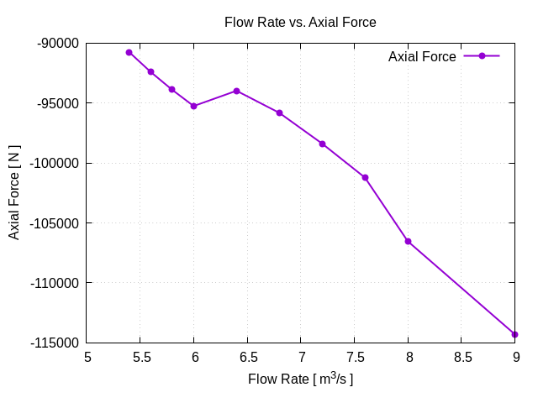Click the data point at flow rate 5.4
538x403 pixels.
(x=129, y=52)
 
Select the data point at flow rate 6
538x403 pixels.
(x=194, y=106)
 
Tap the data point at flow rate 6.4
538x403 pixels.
(x=237, y=91)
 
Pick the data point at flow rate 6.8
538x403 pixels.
(x=279, y=113)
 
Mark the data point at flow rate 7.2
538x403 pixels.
(x=322, y=144)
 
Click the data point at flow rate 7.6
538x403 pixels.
(x=365, y=177)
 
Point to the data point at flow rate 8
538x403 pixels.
(x=409, y=241)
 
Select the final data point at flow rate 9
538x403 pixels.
(x=514, y=334)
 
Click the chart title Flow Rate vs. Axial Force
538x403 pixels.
(x=300, y=23)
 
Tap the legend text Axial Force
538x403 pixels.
(x=422, y=57)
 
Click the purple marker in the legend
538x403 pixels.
(x=482, y=56)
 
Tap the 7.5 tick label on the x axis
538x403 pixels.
(x=354, y=356)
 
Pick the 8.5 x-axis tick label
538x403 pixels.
(x=462, y=356)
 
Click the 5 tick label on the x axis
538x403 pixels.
(x=87, y=356)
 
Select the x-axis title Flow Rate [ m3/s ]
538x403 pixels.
(x=300, y=379)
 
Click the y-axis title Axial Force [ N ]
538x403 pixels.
(x=14, y=192)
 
